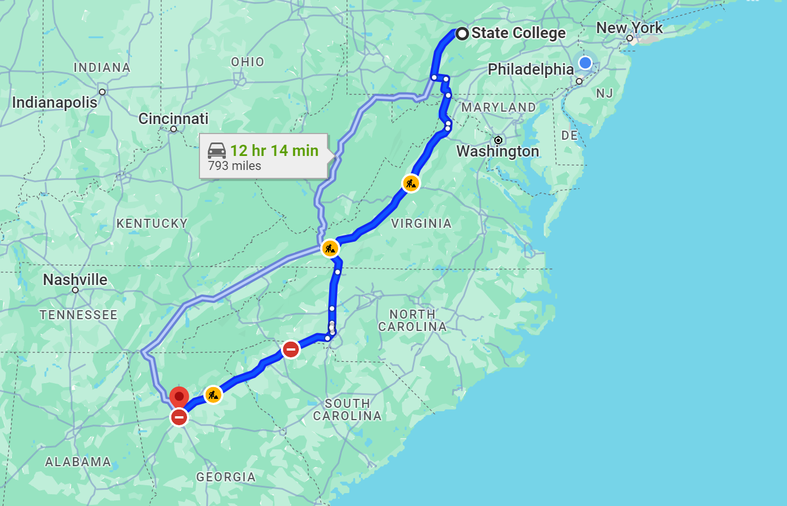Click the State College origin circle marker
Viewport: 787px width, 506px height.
(462, 34)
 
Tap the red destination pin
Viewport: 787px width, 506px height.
(179, 397)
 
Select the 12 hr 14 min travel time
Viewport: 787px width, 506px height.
(274, 150)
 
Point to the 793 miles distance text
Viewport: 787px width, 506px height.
(235, 166)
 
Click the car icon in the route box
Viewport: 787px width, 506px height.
(217, 150)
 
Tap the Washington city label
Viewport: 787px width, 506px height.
(498, 151)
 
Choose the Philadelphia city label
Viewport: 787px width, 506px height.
(531, 70)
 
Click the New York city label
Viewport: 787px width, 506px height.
(629, 28)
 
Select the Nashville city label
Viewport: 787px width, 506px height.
(75, 279)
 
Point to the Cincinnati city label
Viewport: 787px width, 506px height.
(174, 119)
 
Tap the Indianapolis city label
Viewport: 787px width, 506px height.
(54, 103)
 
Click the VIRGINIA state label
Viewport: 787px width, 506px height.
(421, 224)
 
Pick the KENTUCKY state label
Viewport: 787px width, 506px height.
(152, 224)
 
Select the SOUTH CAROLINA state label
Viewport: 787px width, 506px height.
(347, 410)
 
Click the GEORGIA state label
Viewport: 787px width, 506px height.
(226, 477)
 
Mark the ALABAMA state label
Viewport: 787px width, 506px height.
(78, 462)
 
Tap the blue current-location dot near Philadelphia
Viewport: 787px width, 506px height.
(585, 63)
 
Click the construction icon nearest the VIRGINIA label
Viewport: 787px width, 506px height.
(411, 183)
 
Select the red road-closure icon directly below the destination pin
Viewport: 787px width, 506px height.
(179, 417)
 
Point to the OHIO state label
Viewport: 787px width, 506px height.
(248, 62)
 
